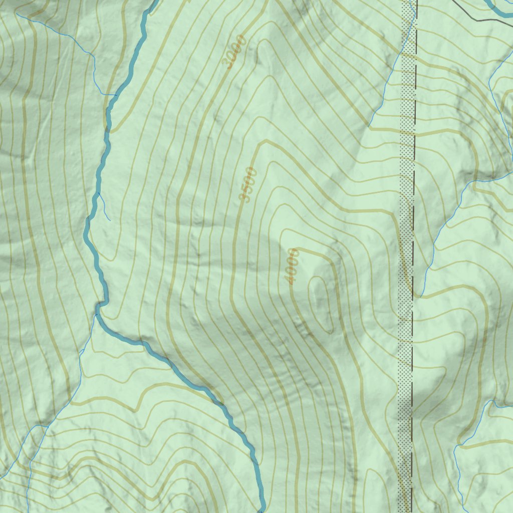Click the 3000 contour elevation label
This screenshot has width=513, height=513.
pyautogui.click(x=235, y=53)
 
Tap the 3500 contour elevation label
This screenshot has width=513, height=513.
pyautogui.click(x=248, y=185)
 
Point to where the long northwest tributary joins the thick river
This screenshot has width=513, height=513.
pyautogui.click(x=116, y=95)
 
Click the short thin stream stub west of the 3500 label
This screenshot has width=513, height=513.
pyautogui.click(x=105, y=207)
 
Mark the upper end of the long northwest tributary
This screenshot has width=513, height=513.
pyautogui.click(x=18, y=14)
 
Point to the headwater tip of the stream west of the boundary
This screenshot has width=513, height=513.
pyautogui.click(x=370, y=125)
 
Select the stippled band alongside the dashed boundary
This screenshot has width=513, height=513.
pyautogui.click(x=406, y=351)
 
